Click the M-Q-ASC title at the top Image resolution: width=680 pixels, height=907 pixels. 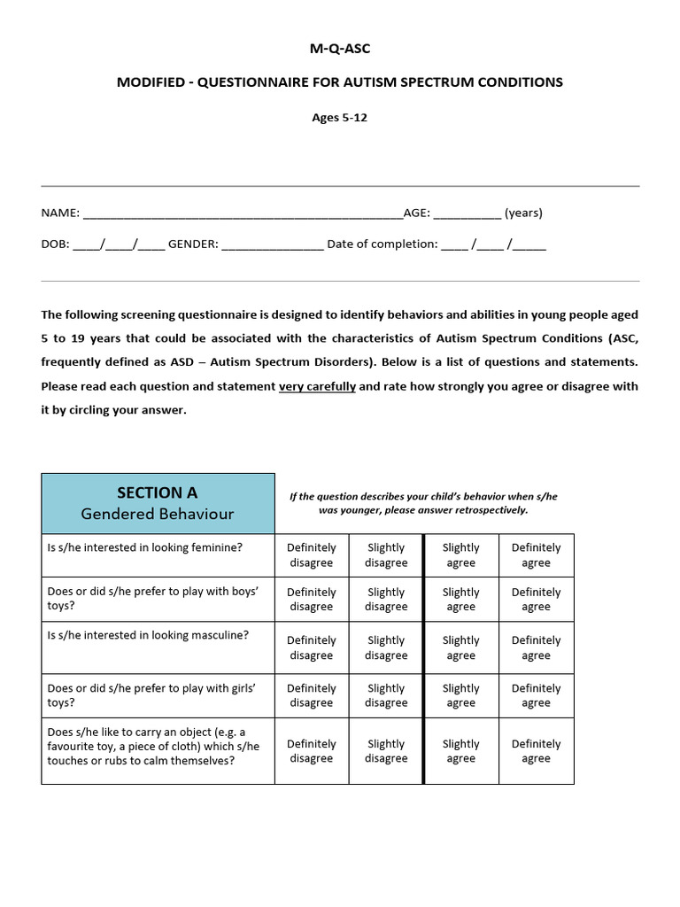coord(339,48)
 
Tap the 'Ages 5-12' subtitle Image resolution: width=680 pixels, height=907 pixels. coord(339,117)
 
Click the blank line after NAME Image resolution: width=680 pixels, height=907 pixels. coord(242,214)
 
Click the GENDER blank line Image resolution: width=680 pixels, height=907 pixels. coord(272,246)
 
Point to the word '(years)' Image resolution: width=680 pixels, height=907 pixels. coord(523,213)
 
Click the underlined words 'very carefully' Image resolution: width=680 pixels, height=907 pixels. coord(317,387)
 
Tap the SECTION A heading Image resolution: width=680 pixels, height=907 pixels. coord(158,492)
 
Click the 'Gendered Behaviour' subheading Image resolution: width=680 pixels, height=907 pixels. coord(158,514)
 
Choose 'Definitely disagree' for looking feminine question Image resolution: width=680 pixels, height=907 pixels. coord(312,555)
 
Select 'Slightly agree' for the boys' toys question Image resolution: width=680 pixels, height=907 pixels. coord(460,600)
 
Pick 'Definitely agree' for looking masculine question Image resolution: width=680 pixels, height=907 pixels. coord(536,647)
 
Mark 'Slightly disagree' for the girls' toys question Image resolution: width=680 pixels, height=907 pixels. coord(386,695)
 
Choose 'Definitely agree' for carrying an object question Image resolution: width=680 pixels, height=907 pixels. coord(536,751)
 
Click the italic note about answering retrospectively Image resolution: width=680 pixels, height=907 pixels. coord(423,503)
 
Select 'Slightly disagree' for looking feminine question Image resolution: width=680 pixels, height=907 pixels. coord(386,555)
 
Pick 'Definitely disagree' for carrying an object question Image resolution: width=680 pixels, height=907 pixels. coord(312,751)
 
